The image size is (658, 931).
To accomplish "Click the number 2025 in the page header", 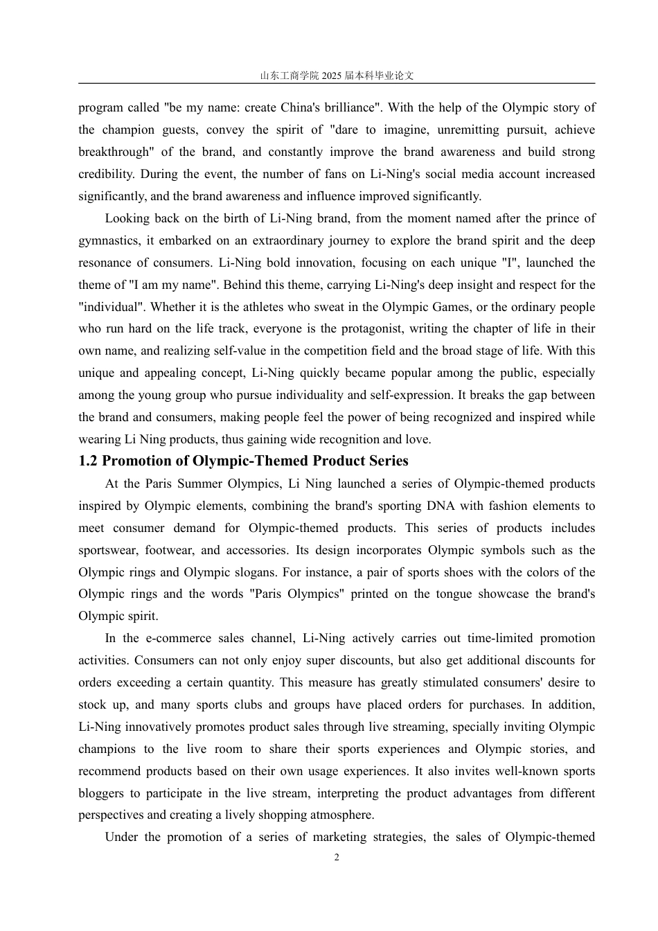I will coord(332,76).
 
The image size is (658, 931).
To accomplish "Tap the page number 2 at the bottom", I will coord(337,858).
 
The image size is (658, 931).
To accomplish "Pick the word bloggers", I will coord(101,794).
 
